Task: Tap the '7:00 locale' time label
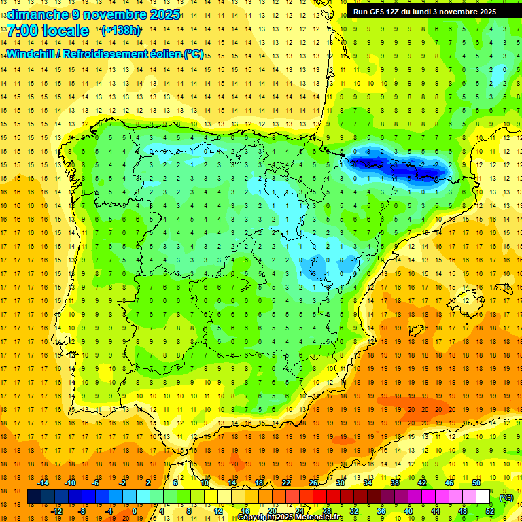pyautogui.click(x=48, y=31)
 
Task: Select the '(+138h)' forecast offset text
pyautogui.click(x=121, y=31)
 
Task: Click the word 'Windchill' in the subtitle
pyautogui.click(x=31, y=54)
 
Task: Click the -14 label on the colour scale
pyautogui.click(x=43, y=483)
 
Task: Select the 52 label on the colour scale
pyautogui.click(x=489, y=511)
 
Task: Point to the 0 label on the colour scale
pyautogui.click(x=134, y=511)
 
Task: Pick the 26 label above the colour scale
pyautogui.click(x=313, y=483)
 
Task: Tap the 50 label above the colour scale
pyautogui.click(x=476, y=483)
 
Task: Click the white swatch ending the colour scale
pyautogui.click(x=483, y=497)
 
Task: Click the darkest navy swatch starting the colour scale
pyautogui.click(x=34, y=497)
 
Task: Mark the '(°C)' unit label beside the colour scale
pyautogui.click(x=506, y=497)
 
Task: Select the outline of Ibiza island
pyautogui.click(x=416, y=330)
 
